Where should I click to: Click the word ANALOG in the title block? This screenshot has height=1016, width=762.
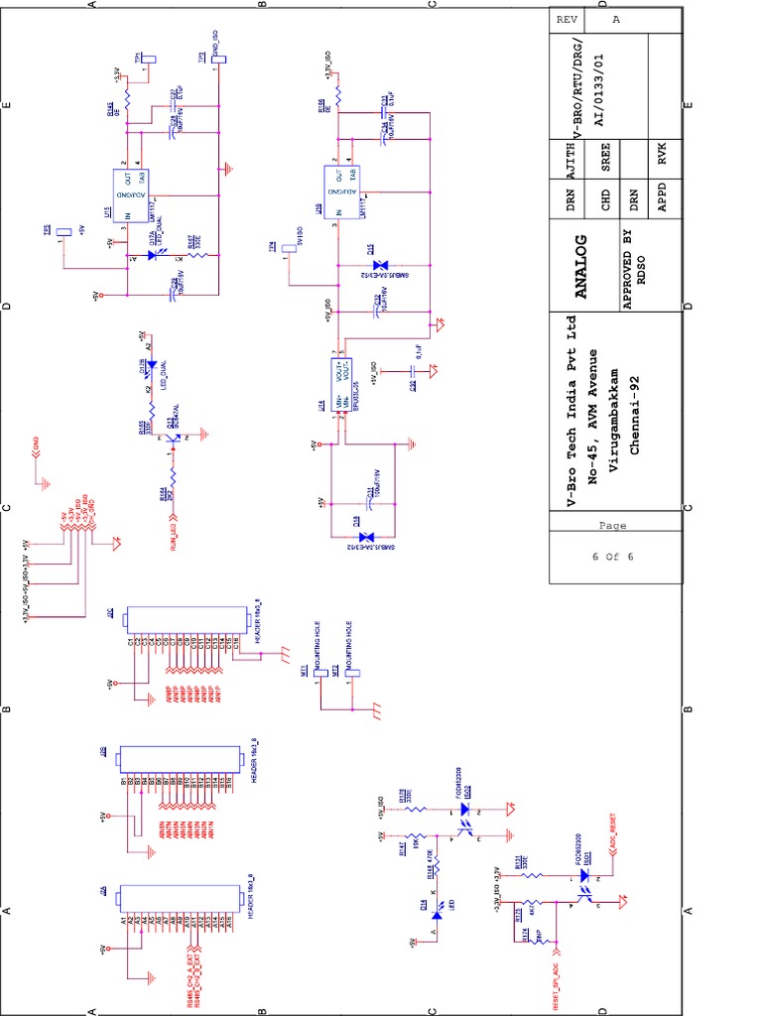click(x=582, y=266)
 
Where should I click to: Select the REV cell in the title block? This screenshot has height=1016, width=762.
click(x=568, y=20)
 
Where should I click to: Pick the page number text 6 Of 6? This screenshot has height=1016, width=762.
click(x=613, y=557)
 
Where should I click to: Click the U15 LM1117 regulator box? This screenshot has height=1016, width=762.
click(x=132, y=194)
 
